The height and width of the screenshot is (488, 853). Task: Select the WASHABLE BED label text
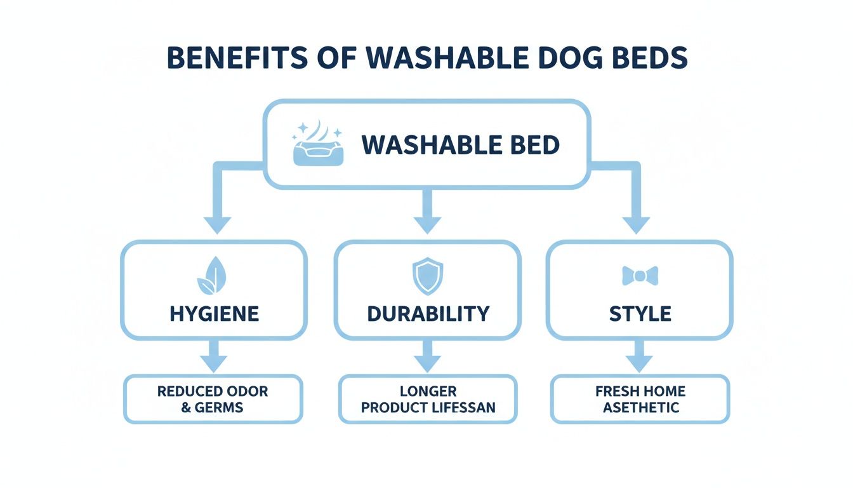coord(461,146)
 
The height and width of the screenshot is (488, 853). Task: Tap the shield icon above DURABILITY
coord(428,276)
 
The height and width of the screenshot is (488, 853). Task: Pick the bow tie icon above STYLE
coord(640,276)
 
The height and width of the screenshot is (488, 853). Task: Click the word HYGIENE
coord(215,313)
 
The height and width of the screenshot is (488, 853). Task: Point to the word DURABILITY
coord(428,313)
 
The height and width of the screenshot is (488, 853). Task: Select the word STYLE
coord(640,313)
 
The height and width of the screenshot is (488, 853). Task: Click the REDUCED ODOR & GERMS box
coord(213,399)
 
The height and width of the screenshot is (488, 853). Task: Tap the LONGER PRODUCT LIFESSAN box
coord(428,399)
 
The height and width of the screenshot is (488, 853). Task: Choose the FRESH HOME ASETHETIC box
coord(640,399)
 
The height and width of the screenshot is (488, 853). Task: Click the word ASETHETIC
coord(640,407)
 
